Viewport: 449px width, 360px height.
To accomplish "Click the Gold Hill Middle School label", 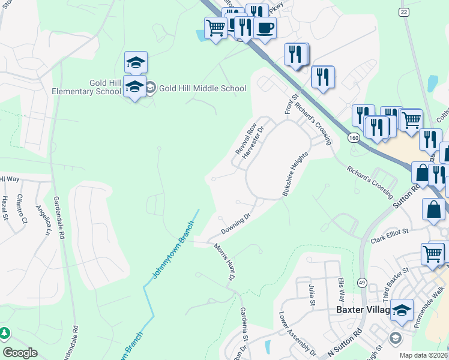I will coord(202,88).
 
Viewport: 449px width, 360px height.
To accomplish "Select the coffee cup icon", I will coord(265,28).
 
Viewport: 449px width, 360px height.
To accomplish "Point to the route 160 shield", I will coord(354,138).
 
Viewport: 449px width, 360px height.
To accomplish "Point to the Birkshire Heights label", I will coord(295,174).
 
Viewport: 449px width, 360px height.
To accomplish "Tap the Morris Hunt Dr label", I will coord(223,262).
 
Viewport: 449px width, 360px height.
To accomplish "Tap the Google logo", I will coord(20,352).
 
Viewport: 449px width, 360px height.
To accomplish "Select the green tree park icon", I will coord(5,332).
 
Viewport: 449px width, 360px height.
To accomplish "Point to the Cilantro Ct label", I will coord(22,208).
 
